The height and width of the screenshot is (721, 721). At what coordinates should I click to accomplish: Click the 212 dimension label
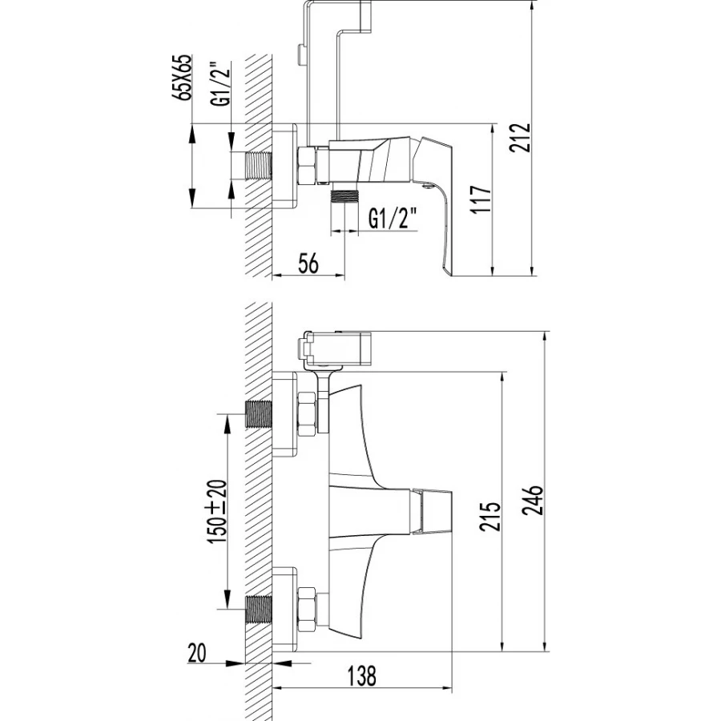click(521, 138)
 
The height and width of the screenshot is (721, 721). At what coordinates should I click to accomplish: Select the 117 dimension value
click(481, 199)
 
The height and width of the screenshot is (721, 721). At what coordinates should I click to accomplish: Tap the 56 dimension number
click(308, 264)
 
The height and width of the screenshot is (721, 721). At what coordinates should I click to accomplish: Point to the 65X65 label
click(182, 78)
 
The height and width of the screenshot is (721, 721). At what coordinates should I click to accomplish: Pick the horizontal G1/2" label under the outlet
click(393, 219)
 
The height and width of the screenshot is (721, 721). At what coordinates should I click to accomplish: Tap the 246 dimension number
click(534, 500)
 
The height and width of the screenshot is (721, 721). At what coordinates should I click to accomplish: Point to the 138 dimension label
click(361, 675)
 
